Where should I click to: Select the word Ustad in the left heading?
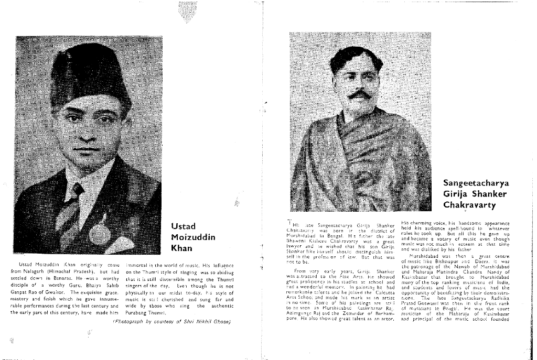point(183,226)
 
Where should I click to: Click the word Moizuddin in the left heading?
point(193,237)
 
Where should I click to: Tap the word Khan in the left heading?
point(181,248)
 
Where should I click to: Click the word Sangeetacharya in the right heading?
point(476,183)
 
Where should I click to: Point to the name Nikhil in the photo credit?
point(205,321)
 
